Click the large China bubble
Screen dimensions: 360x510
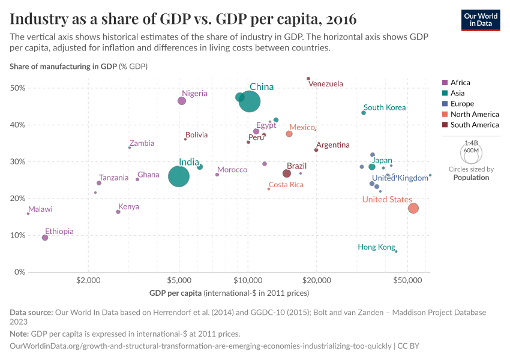pyautogui.click(x=250, y=101)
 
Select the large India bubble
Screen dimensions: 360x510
pyautogui.click(x=179, y=176)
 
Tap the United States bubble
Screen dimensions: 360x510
pyautogui.click(x=413, y=208)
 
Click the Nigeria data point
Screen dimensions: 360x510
pyautogui.click(x=182, y=101)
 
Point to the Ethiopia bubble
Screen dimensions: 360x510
pyautogui.click(x=45, y=238)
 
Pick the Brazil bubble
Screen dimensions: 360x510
pyautogui.click(x=287, y=173)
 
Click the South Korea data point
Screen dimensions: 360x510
pyautogui.click(x=364, y=113)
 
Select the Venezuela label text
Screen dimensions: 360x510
pyautogui.click(x=326, y=84)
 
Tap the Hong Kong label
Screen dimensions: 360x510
pyautogui.click(x=376, y=247)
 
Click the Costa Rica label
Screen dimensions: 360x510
pyautogui.click(x=286, y=185)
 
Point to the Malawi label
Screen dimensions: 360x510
pyautogui.click(x=40, y=209)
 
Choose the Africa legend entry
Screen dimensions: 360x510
pyautogui.click(x=460, y=82)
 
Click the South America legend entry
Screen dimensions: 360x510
pyautogui.click(x=474, y=125)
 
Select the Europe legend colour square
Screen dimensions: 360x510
pyautogui.click(x=445, y=104)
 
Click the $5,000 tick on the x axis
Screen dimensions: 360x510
pyautogui.click(x=179, y=281)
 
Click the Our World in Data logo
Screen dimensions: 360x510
pyautogui.click(x=481, y=19)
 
